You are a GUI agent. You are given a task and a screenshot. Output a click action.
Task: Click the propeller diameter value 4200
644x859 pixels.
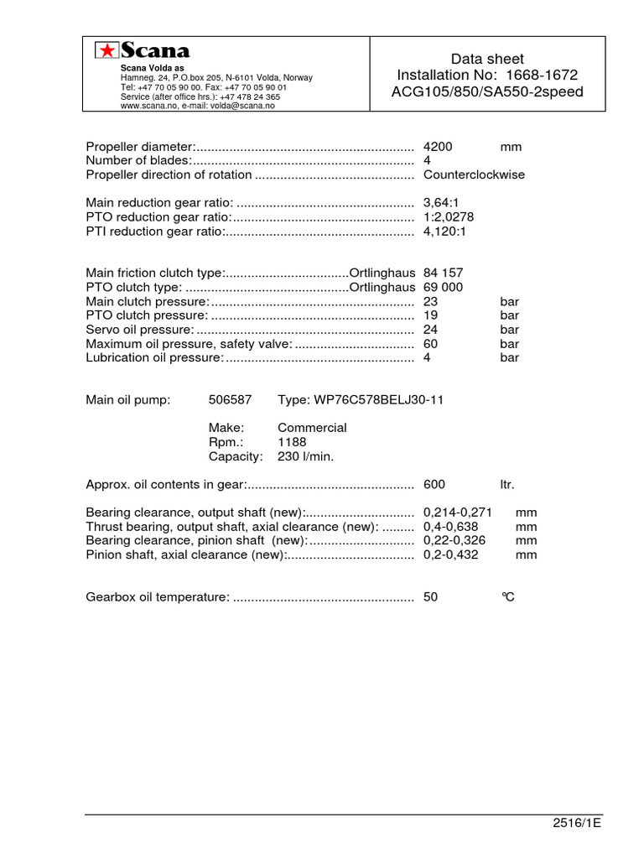(438, 147)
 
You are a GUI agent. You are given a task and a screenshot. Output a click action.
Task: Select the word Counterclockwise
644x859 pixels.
(475, 175)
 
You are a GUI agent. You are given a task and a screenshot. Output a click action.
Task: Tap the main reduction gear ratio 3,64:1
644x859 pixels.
(443, 203)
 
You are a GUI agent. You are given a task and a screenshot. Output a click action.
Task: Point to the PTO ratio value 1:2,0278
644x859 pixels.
(449, 217)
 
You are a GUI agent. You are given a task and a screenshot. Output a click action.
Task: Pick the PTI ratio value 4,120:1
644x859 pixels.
(444, 232)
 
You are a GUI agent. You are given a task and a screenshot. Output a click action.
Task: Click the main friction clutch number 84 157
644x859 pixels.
(443, 273)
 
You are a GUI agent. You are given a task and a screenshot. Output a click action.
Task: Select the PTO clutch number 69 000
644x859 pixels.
(443, 287)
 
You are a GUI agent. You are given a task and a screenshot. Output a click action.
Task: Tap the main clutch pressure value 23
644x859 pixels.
(431, 301)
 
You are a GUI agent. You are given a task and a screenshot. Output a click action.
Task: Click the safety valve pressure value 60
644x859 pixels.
(431, 344)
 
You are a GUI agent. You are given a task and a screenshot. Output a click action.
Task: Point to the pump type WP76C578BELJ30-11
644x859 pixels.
(361, 400)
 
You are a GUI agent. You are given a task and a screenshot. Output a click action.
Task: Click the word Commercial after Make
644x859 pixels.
(312, 428)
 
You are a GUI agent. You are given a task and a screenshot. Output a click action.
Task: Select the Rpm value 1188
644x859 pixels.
(292, 442)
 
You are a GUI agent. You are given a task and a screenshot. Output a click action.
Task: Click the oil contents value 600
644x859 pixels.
(434, 485)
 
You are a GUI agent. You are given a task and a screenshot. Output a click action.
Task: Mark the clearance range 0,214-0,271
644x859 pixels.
(457, 513)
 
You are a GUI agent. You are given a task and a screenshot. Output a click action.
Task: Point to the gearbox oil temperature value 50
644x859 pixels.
(431, 597)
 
